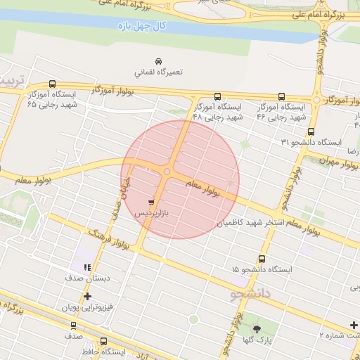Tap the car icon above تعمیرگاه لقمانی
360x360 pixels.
[157, 61]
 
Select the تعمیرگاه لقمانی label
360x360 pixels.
[157, 72]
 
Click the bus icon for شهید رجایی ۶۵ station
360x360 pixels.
[53, 83]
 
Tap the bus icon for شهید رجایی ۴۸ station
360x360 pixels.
[217, 96]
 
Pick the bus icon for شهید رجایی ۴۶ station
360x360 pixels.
[281, 96]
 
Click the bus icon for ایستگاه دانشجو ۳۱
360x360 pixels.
[311, 131]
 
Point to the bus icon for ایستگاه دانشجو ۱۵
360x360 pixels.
[262, 258]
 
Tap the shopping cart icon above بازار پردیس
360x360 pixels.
[152, 201]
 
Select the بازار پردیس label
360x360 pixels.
[153, 212]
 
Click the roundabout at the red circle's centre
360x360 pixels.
[167, 172]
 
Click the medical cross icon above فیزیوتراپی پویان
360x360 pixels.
[87, 297]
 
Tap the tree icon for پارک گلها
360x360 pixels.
[255, 328]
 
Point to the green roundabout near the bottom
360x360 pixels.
[193, 319]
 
